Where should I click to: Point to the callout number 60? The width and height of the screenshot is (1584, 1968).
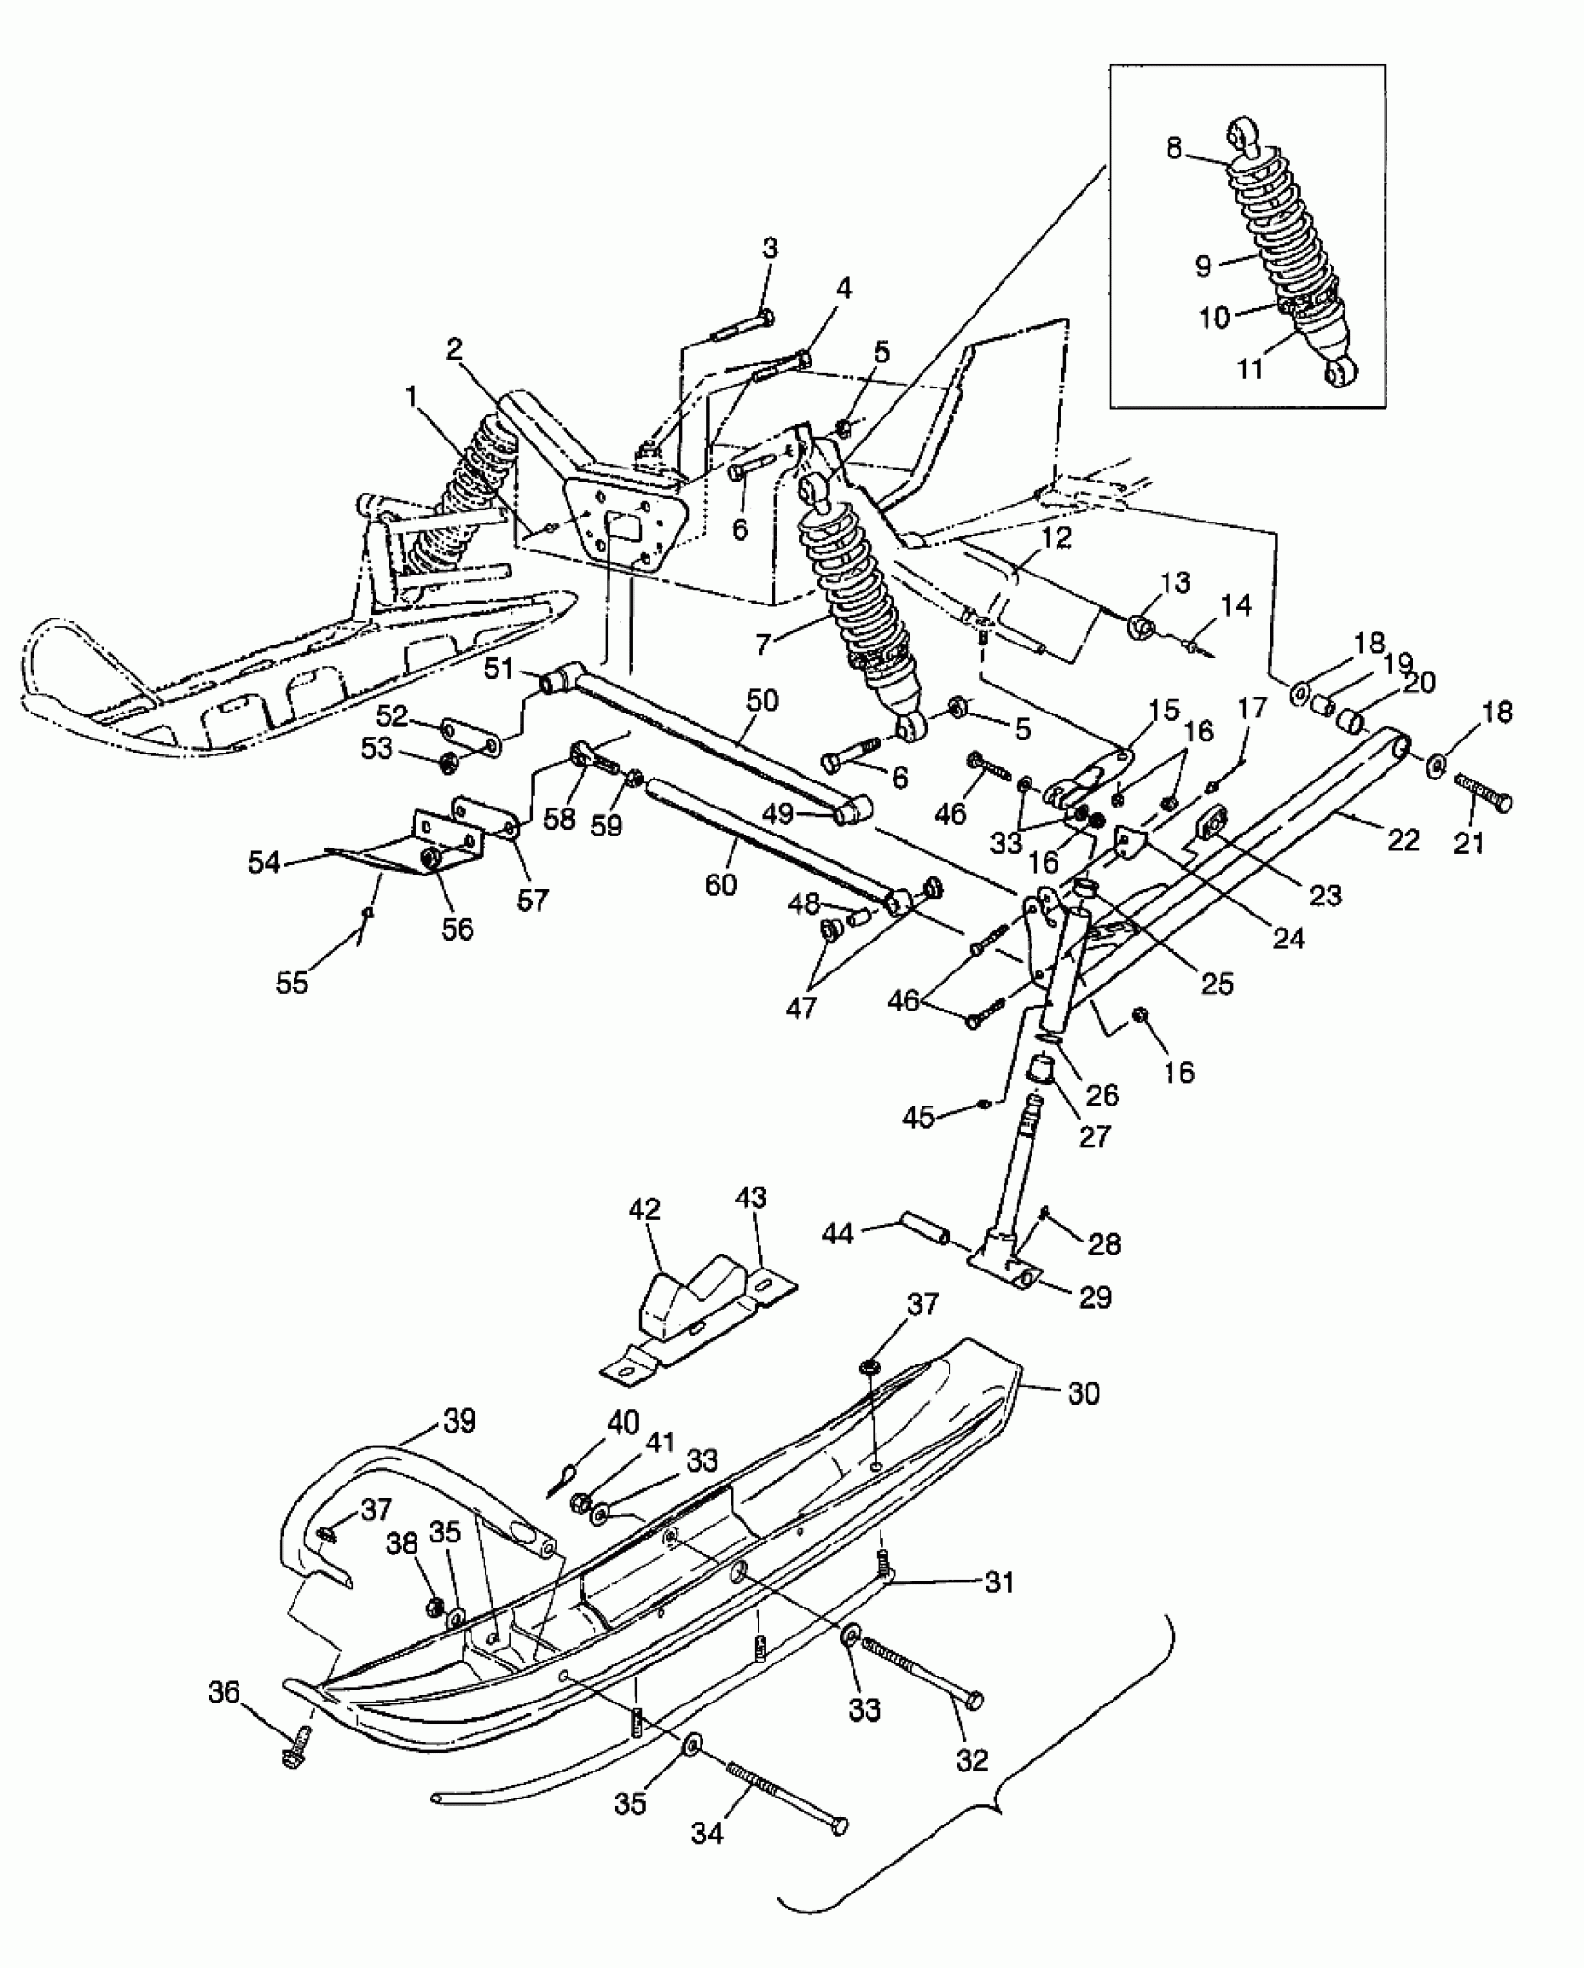click(721, 883)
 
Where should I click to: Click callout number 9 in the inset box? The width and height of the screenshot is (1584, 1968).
click(1204, 266)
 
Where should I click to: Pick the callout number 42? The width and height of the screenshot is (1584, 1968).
click(645, 1210)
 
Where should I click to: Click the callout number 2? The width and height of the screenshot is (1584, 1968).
click(455, 350)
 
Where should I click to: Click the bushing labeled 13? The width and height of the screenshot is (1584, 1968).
click(1144, 627)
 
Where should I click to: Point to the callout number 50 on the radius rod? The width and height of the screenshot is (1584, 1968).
click(761, 700)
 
